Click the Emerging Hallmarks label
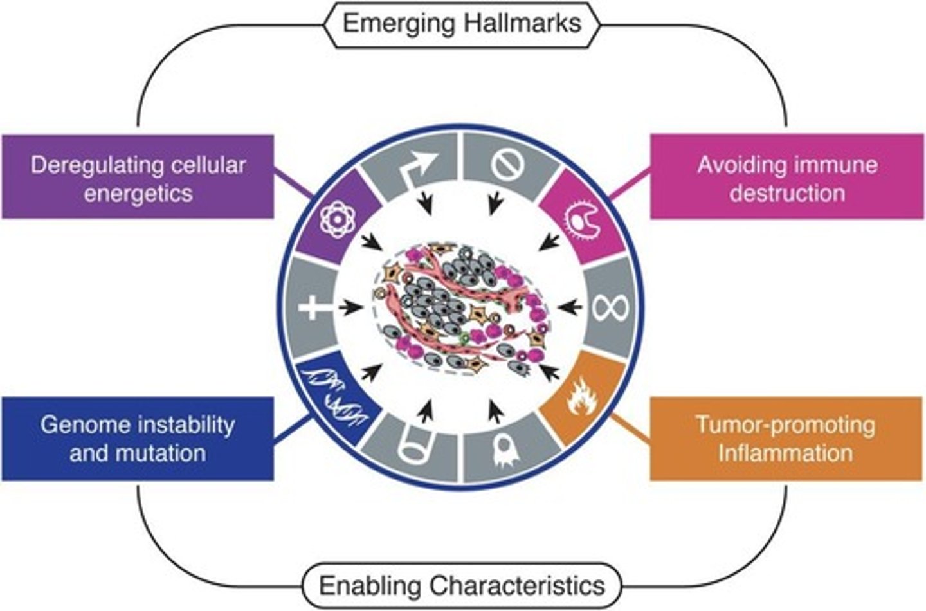click(x=462, y=24)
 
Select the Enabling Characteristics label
click(x=462, y=586)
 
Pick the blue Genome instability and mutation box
click(x=138, y=439)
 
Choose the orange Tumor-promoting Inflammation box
click(x=786, y=439)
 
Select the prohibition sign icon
click(x=508, y=163)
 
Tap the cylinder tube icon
click(x=415, y=447)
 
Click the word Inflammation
click(x=786, y=453)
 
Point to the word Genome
click(x=84, y=424)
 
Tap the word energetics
click(x=138, y=193)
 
